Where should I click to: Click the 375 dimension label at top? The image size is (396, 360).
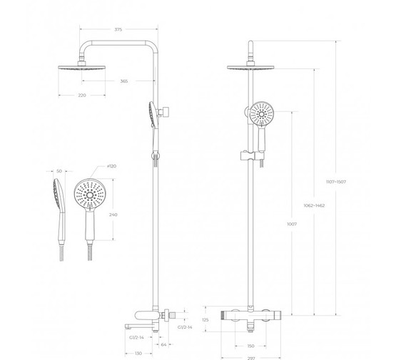click(118, 29)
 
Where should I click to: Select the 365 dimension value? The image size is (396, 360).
click(123, 81)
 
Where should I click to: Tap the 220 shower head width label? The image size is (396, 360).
click(82, 95)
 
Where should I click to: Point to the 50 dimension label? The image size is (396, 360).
click(59, 171)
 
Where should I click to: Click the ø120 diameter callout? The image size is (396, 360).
click(111, 166)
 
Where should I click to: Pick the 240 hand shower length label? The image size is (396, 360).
click(113, 215)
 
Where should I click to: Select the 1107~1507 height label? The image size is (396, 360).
click(336, 182)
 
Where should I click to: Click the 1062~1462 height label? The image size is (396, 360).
click(314, 205)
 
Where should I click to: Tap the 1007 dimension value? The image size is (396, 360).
click(292, 224)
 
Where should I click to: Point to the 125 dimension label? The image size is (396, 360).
click(205, 320)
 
